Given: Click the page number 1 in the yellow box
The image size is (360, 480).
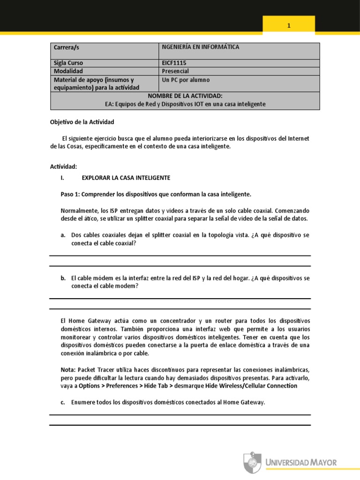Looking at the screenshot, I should point(289,26).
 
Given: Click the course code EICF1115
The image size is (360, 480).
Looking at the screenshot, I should point(176,63).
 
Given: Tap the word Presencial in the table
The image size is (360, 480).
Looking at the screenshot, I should point(175,71).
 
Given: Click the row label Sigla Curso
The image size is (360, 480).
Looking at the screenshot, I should point(72,63).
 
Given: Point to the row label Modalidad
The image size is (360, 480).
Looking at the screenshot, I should point(68,71).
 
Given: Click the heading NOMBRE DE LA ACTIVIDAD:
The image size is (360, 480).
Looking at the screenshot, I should point(185,96).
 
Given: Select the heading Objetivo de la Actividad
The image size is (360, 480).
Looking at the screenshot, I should point(82,122).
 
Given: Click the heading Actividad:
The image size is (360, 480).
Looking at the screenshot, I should point(63,167).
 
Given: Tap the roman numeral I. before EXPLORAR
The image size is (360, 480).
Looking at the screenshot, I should point(62,178).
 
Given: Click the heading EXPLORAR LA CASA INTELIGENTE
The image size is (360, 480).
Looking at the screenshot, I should point(126,178).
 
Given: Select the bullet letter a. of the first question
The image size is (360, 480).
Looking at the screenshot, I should point(63,235).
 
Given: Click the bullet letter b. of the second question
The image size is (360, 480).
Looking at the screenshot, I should point(63,278).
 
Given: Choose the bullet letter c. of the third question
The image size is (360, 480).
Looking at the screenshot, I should point(63,402).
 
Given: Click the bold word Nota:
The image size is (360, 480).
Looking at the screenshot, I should point(68,369).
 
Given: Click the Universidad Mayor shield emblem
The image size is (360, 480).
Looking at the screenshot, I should point(252,462).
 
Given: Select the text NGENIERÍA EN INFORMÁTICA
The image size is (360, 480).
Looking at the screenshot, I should point(201,47).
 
